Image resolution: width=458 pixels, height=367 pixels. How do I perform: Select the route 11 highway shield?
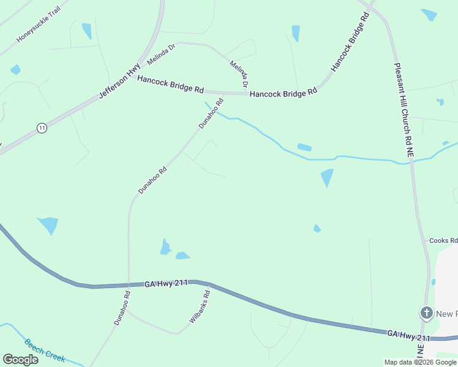(x=41, y=128)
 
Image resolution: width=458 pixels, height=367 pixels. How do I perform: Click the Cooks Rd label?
(x=444, y=241)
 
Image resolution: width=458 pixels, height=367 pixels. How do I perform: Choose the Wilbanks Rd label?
(x=200, y=306)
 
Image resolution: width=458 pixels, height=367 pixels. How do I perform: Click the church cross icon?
(x=426, y=314)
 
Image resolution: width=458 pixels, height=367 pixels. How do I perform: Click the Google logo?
(x=20, y=359)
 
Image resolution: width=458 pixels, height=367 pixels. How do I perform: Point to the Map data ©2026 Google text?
(x=420, y=362)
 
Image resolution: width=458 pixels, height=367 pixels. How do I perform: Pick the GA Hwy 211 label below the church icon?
(x=408, y=335)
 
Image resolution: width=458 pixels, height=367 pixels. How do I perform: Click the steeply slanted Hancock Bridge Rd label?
(x=351, y=42)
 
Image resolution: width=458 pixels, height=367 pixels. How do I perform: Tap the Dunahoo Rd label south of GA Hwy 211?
(x=122, y=308)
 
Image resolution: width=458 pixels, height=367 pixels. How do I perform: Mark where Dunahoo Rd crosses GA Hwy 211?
(x=128, y=285)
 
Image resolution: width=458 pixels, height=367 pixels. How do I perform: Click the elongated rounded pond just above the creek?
(x=304, y=147)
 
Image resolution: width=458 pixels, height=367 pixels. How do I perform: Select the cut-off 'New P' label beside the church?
(x=446, y=314)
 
